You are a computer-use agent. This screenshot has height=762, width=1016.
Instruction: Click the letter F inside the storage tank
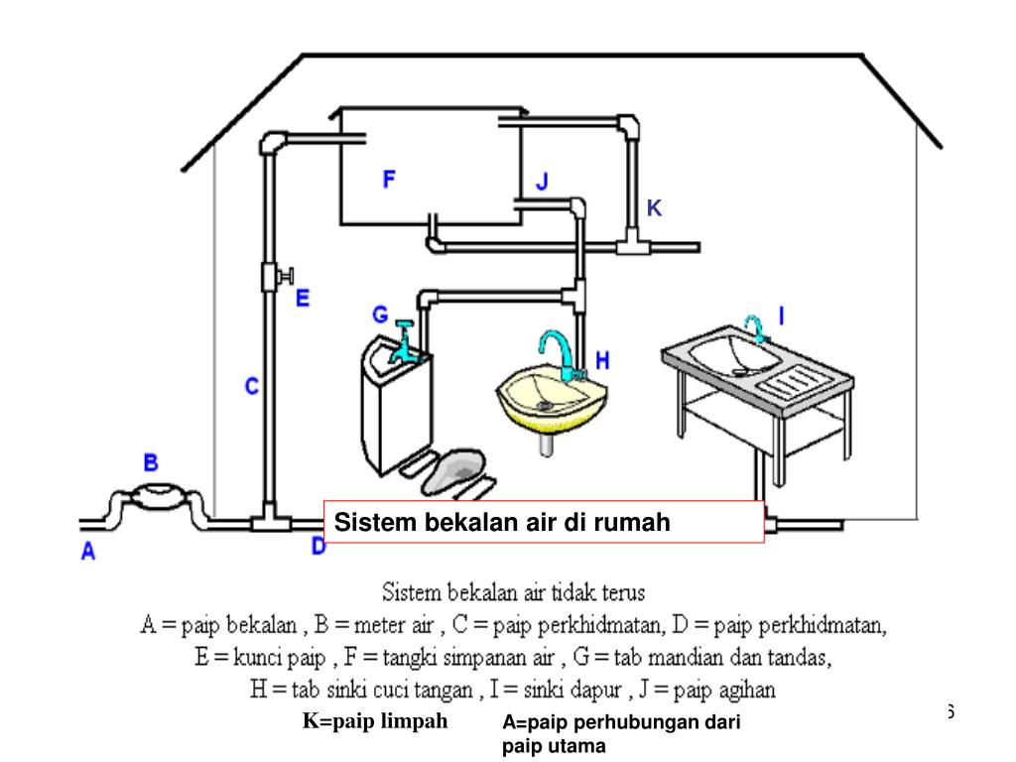(x=390, y=179)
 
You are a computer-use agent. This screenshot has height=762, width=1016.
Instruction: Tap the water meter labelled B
(x=155, y=496)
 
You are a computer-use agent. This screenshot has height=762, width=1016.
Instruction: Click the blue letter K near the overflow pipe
(x=654, y=207)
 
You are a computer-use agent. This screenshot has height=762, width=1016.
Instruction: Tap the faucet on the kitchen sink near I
(x=756, y=328)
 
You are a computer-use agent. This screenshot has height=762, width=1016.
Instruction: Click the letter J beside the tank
(x=542, y=183)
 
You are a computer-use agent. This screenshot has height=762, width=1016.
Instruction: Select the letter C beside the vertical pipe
(x=252, y=386)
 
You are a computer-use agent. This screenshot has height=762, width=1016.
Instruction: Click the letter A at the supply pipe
(x=88, y=553)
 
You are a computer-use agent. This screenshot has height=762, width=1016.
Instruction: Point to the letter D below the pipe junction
(x=318, y=545)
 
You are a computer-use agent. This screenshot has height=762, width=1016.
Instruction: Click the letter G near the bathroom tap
(x=380, y=315)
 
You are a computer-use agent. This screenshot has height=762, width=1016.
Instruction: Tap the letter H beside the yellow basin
(x=602, y=361)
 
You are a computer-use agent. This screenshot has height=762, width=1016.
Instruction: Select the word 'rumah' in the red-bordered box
(x=632, y=522)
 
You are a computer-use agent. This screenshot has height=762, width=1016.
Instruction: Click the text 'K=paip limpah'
(x=375, y=721)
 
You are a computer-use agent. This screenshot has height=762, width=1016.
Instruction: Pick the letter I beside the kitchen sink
(x=781, y=316)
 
